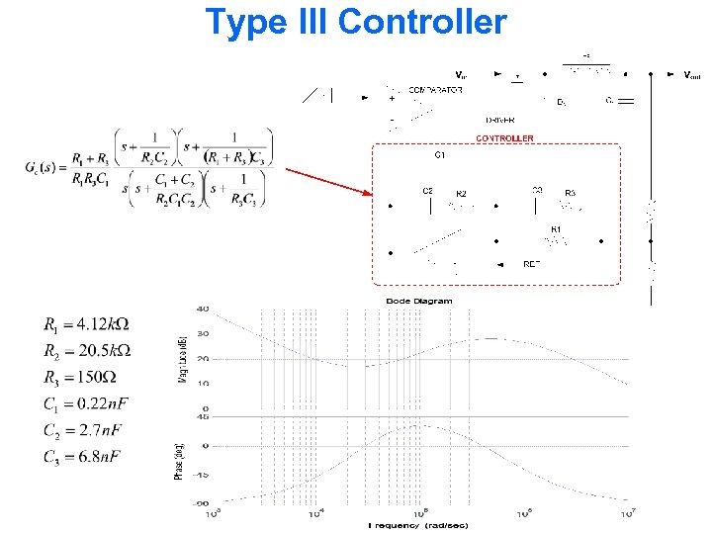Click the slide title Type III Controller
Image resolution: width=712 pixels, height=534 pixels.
(355, 21)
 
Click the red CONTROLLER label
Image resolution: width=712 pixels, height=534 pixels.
(504, 138)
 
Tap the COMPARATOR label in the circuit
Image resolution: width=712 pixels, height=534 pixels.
(435, 90)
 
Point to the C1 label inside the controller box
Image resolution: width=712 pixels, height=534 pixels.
(440, 155)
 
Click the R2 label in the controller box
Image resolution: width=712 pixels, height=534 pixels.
(461, 194)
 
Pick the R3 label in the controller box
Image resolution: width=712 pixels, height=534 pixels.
(570, 193)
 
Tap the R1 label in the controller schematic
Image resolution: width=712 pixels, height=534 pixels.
(556, 229)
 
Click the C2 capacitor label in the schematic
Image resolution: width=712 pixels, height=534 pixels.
(427, 190)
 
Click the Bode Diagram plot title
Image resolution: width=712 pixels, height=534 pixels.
(418, 301)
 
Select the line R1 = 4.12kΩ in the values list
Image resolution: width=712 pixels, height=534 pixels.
(87, 324)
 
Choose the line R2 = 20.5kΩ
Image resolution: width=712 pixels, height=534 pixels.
(87, 351)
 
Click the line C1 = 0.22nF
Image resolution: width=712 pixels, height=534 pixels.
(87, 404)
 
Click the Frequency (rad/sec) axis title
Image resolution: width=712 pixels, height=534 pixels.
(418, 524)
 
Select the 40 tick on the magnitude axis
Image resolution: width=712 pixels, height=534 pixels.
(203, 309)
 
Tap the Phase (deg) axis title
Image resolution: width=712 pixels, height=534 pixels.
(179, 462)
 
